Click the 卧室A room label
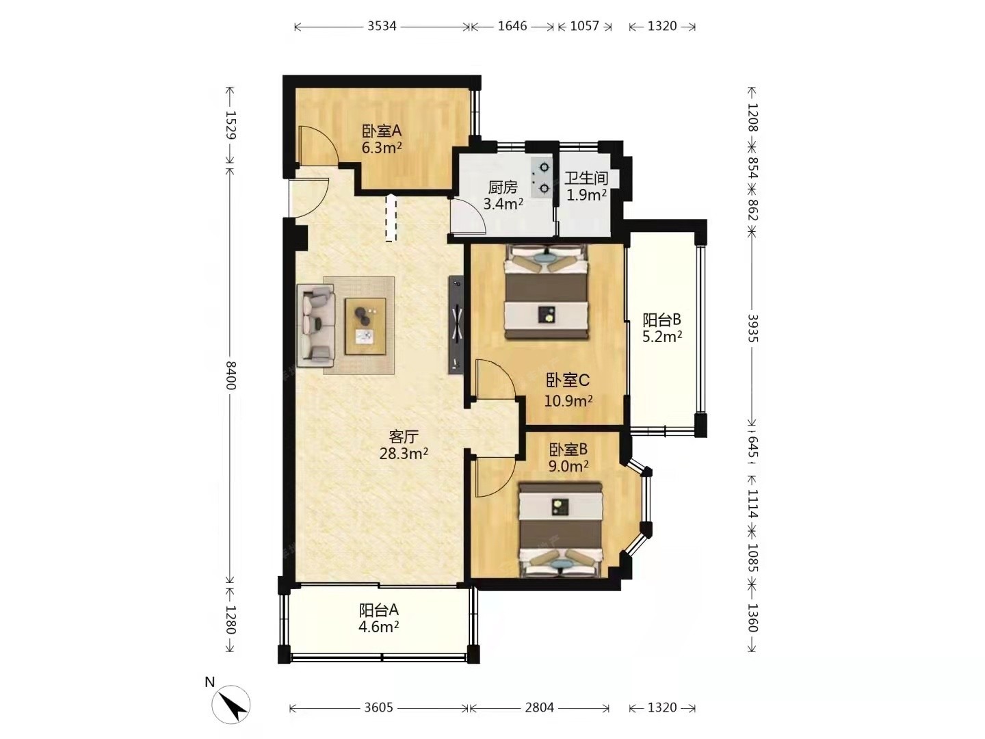tap(382, 131)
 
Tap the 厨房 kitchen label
tap(503, 187)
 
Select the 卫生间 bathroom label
tap(586, 178)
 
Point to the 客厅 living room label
tap(404, 436)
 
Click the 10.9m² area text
tap(568, 400)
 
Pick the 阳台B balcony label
tap(661, 320)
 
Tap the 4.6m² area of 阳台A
tap(379, 626)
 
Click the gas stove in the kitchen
tap(541, 178)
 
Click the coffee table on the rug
tap(365, 326)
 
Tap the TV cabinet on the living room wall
tap(456, 324)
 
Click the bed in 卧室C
tap(546, 291)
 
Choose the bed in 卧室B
tap(560, 530)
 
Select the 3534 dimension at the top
tap(382, 26)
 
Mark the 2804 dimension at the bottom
tap(540, 708)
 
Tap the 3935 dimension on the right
tap(752, 328)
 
